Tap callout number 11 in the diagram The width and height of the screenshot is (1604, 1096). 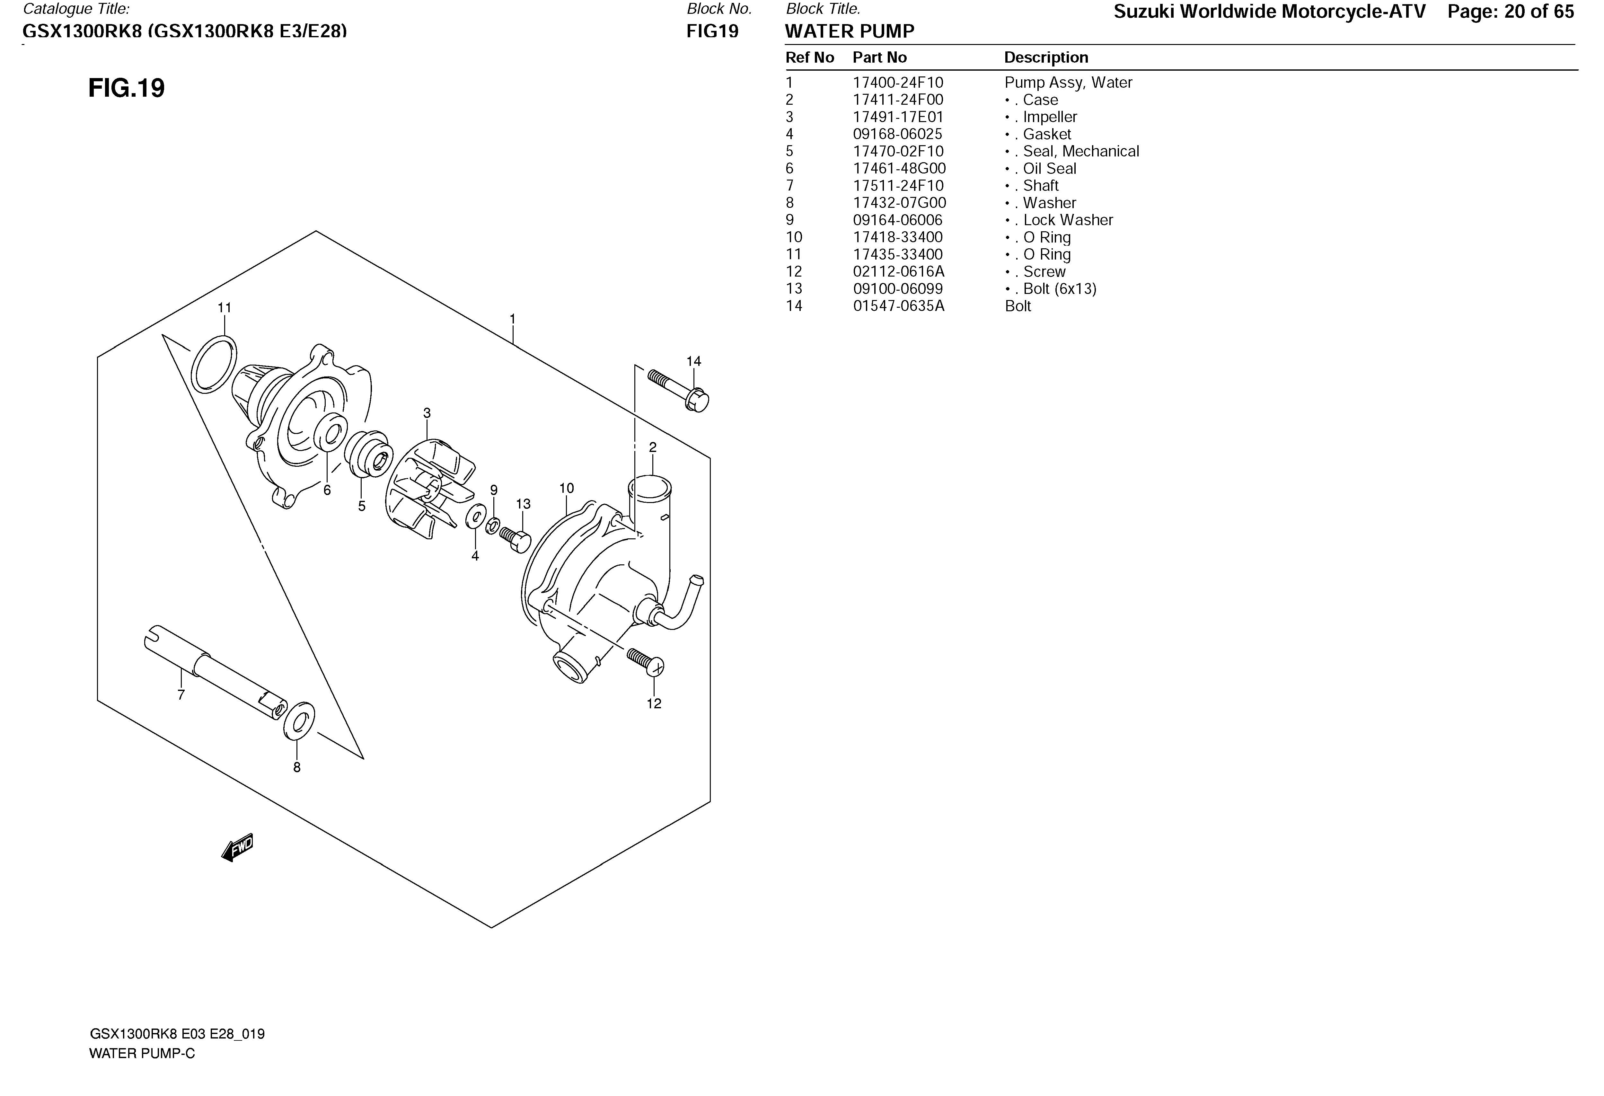(x=224, y=308)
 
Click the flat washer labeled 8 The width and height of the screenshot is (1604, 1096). (x=299, y=721)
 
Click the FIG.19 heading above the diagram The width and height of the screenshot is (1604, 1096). (x=126, y=88)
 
